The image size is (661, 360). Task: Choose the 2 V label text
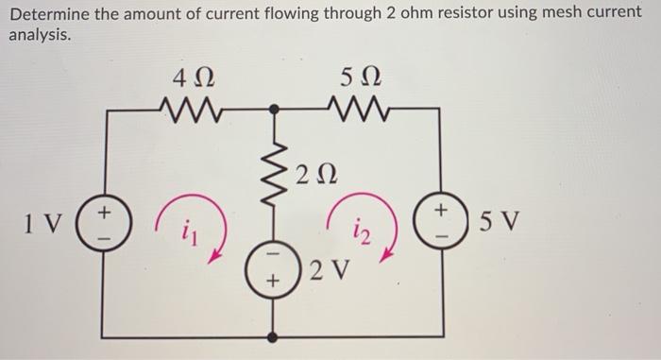click(326, 270)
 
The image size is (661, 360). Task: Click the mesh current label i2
click(362, 227)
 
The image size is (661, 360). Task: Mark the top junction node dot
click(274, 109)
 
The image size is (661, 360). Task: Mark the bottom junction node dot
click(274, 336)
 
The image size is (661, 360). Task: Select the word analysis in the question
click(39, 34)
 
